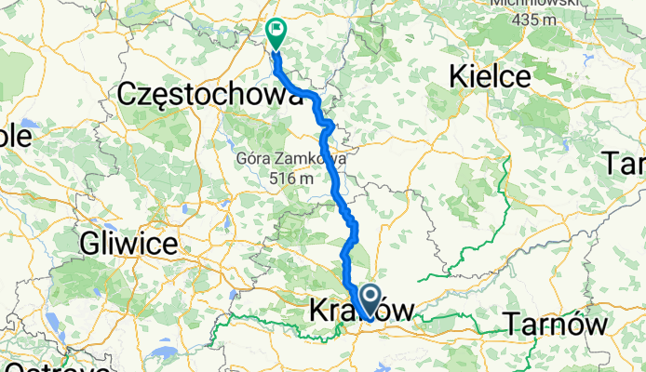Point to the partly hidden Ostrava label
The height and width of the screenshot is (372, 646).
[x=28, y=365]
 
